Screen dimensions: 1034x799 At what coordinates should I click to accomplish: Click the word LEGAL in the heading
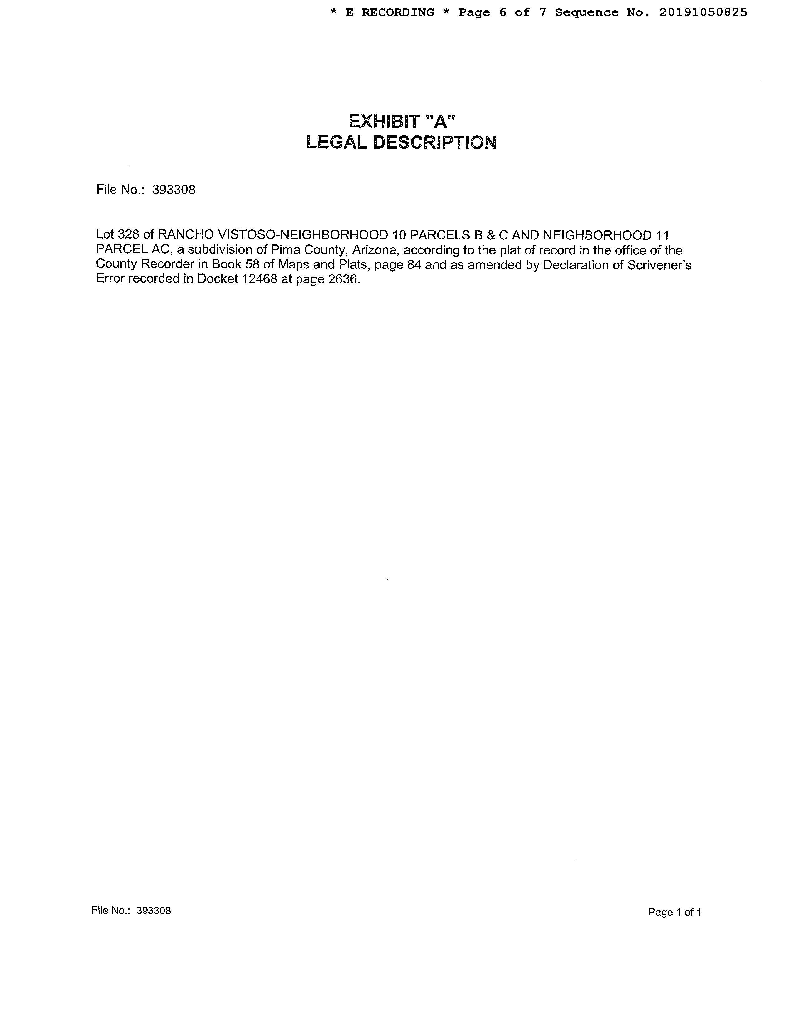(336, 142)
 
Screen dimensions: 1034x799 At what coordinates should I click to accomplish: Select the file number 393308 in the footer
(153, 910)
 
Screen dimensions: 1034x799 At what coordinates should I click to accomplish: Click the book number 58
(252, 265)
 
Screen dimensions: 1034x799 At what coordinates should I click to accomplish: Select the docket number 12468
(259, 279)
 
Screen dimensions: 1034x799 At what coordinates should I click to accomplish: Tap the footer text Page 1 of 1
(674, 912)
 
